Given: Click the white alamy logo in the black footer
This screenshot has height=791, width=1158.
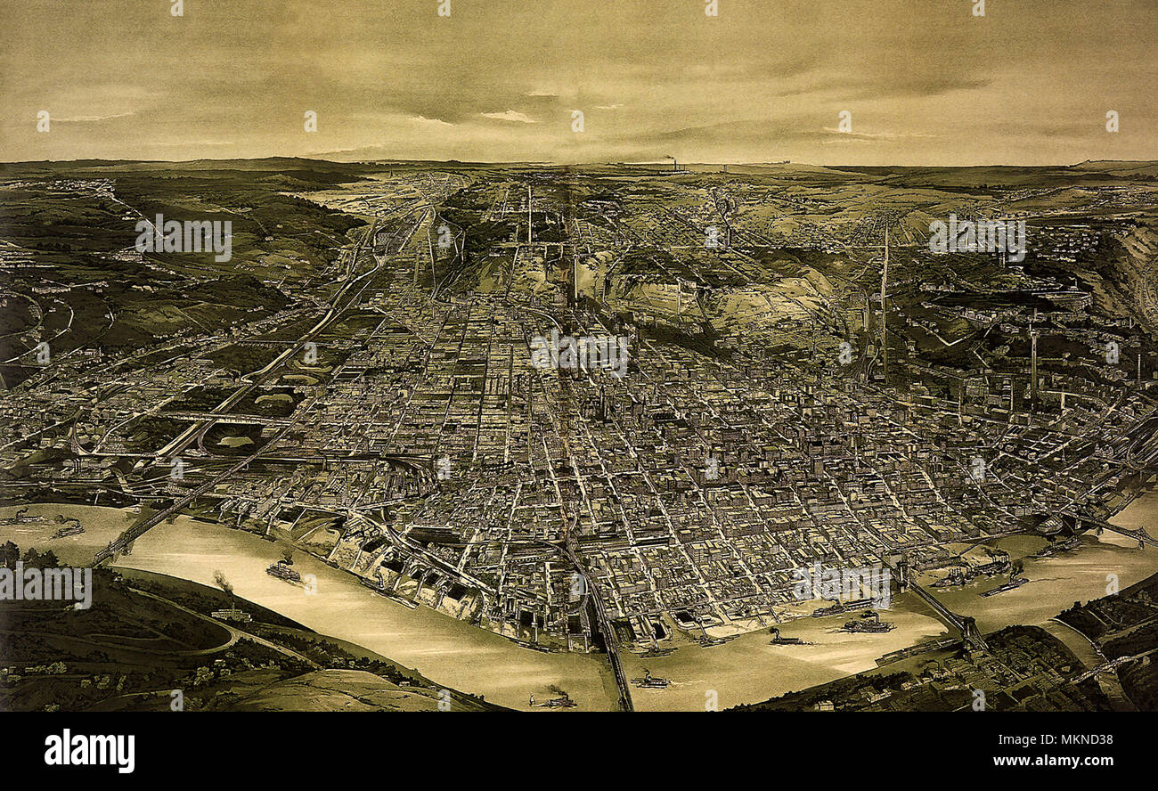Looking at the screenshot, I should click(x=89, y=751).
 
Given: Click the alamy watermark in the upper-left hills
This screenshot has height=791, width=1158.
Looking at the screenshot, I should click(x=183, y=238).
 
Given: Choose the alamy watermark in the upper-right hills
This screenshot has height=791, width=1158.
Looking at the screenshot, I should click(x=976, y=237).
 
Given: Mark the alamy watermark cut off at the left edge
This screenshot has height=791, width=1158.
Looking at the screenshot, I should click(x=45, y=585).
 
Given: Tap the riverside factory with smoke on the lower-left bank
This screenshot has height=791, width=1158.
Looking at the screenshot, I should click(x=231, y=613).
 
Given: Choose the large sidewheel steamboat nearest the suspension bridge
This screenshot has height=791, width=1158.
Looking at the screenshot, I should click(x=864, y=624).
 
